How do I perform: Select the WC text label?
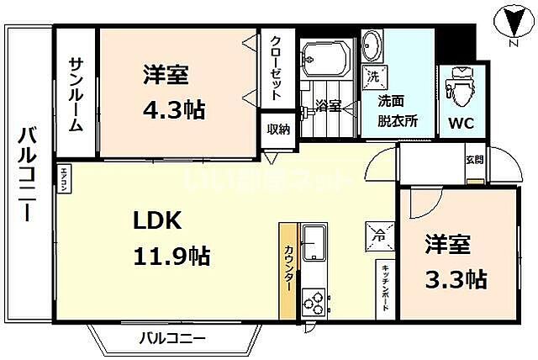point(460,123)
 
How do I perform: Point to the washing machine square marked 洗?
point(372,76)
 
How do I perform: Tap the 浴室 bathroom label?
point(328,106)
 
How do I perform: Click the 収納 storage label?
point(278,130)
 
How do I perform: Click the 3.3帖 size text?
point(458,278)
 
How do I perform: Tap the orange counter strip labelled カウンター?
point(288,271)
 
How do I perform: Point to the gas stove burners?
point(314,300)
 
